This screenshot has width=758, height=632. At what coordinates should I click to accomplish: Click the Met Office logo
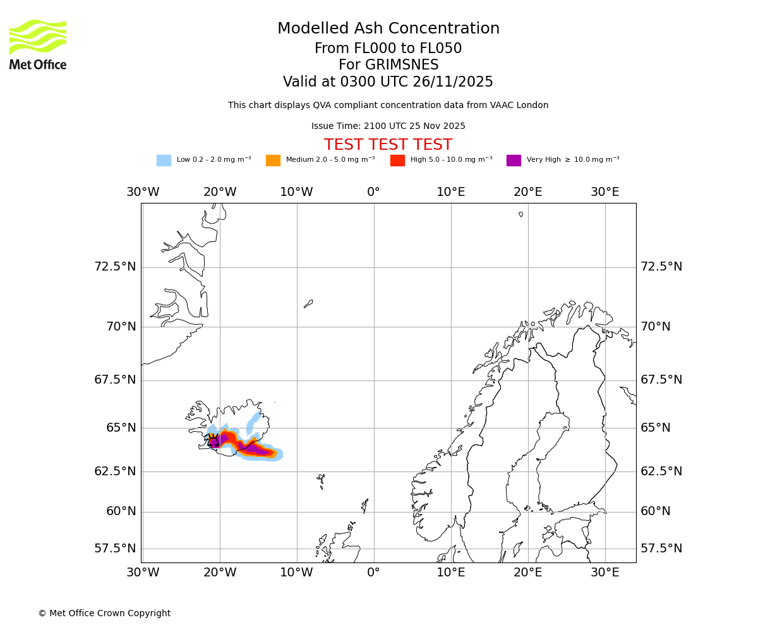point(38,44)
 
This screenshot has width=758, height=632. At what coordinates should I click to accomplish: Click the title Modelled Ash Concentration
point(388,29)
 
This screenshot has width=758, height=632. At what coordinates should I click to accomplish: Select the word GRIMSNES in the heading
point(388,65)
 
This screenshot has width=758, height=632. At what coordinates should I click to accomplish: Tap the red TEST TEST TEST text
point(388,145)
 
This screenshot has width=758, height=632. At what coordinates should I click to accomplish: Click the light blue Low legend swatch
point(164,161)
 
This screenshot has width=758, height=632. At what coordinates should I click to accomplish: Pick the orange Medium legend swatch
point(273,161)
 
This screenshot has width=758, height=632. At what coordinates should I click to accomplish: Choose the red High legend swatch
point(397,161)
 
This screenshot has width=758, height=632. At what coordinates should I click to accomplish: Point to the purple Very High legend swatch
point(514,161)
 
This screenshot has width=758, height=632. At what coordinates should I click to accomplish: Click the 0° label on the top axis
point(374,192)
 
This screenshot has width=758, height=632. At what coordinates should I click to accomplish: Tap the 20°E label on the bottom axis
point(527,573)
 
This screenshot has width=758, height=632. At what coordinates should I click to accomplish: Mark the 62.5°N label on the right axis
point(661,471)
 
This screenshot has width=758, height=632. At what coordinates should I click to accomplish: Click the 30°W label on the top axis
point(143,192)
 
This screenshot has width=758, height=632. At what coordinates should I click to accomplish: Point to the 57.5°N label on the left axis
point(115,549)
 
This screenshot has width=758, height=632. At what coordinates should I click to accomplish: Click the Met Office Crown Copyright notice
point(104,613)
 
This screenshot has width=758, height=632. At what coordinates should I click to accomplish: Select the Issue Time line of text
point(388,126)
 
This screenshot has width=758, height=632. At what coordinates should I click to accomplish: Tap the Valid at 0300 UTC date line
point(388,82)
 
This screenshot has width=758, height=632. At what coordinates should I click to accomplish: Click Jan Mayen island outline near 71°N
point(308,304)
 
